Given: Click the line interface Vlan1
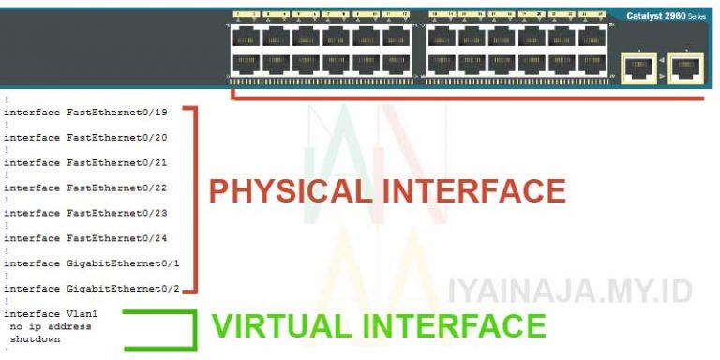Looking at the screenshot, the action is tap(51, 314).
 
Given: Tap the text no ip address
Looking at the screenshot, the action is tap(51, 326).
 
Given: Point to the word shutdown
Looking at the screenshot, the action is tap(36, 338).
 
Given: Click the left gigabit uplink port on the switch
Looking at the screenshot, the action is tap(638, 67).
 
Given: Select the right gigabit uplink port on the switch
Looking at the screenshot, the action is tap(686, 67).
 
